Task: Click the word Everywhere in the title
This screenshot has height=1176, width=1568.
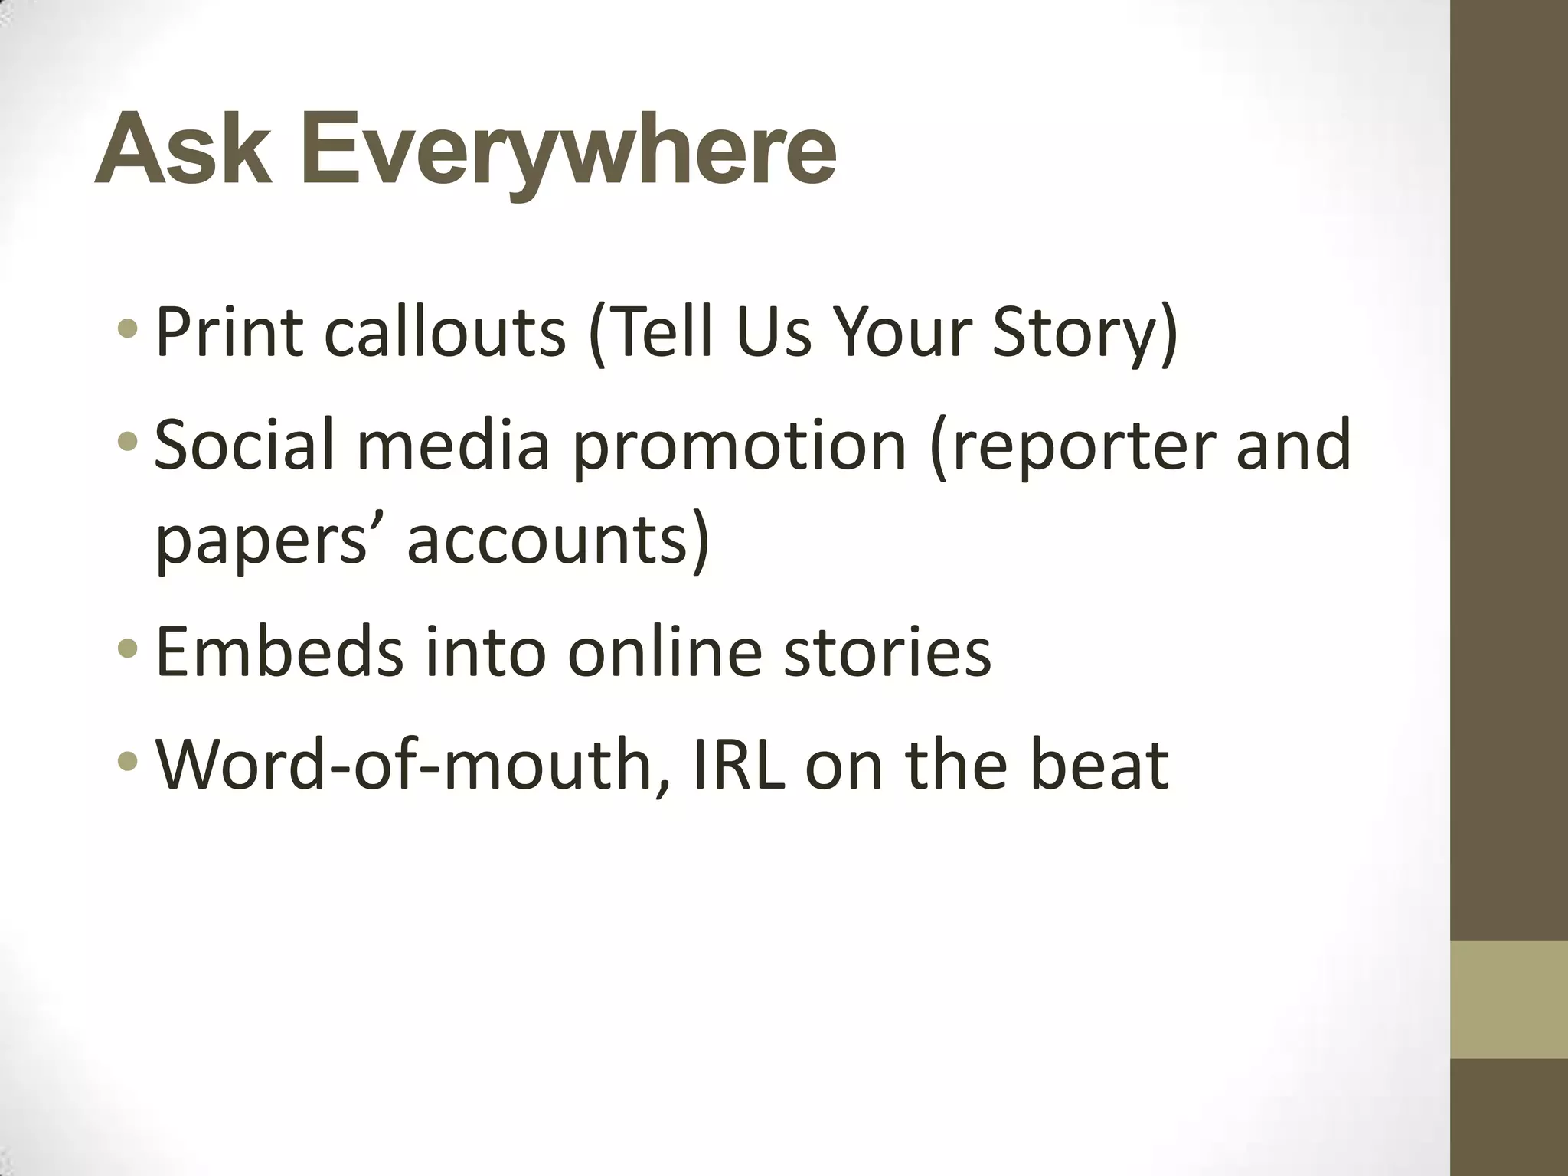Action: (x=568, y=150)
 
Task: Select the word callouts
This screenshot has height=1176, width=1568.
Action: (x=445, y=332)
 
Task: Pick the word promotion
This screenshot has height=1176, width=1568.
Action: (x=739, y=447)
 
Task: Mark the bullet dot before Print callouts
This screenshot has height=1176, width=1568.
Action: (x=129, y=330)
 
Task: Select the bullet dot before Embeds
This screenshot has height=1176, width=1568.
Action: (x=129, y=650)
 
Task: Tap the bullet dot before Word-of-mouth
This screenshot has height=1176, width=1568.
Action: (x=129, y=762)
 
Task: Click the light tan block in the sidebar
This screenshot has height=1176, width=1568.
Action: (x=1509, y=999)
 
